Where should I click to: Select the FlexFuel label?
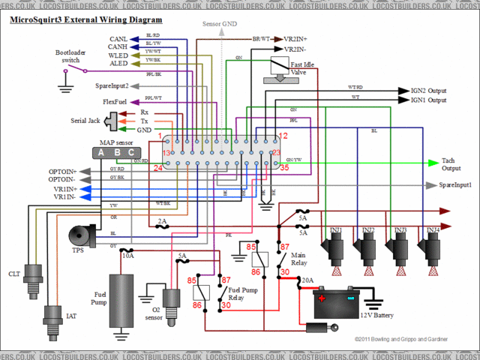116,101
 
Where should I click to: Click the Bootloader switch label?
70,56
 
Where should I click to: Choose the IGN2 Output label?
427,90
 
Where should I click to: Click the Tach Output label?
452,165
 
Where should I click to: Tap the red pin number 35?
283,168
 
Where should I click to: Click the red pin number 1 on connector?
160,136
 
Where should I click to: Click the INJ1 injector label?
336,230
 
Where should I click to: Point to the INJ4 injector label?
433,230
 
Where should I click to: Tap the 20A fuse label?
307,280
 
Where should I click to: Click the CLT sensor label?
14,274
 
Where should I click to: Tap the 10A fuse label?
127,256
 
